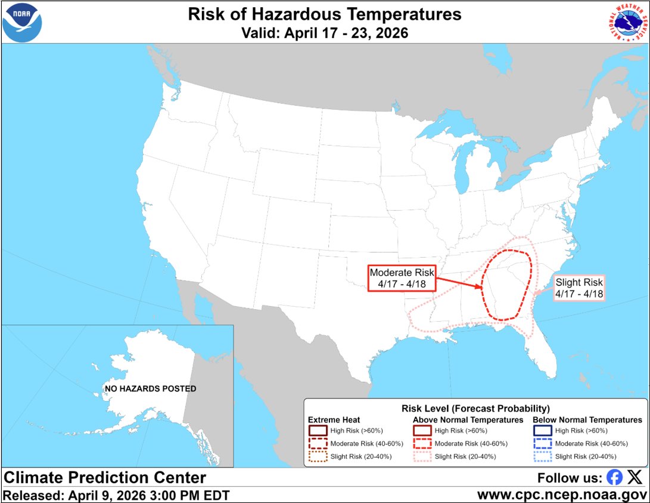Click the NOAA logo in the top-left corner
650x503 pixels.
tap(23, 22)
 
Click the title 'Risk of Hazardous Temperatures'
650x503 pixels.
tap(325, 14)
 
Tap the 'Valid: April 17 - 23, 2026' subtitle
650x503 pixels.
tap(325, 33)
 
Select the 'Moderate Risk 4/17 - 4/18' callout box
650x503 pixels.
tap(402, 277)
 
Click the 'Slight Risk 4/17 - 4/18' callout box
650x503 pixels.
tap(579, 288)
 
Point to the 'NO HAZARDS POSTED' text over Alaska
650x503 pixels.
tap(150, 388)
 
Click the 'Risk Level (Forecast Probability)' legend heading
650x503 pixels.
tap(475, 409)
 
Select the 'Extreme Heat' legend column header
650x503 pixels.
tap(334, 420)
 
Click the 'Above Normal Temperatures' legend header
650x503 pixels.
tap(468, 420)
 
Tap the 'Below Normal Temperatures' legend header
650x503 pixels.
tap(587, 420)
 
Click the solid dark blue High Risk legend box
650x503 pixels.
tap(542, 430)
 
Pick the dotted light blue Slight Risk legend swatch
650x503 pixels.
tap(542, 456)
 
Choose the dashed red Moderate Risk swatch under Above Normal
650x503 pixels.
tap(422, 443)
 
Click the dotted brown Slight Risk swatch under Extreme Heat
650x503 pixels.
tap(318, 456)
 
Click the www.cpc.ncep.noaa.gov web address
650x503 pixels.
tap(562, 495)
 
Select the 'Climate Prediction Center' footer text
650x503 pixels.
tap(105, 477)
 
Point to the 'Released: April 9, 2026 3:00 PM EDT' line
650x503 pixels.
tap(116, 495)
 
